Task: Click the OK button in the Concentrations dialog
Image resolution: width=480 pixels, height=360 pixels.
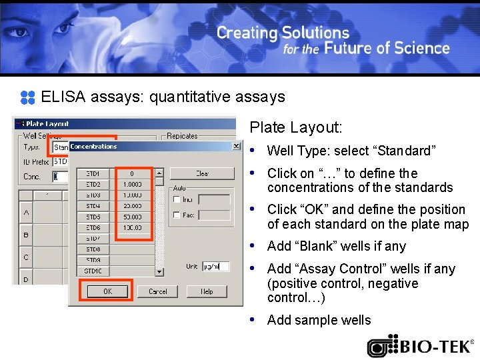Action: click(107, 291)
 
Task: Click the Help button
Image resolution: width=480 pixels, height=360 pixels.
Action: click(207, 291)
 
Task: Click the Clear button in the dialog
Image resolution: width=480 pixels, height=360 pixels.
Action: click(202, 173)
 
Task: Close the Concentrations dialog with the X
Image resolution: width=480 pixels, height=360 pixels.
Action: click(236, 146)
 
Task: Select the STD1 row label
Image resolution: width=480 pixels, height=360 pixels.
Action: click(93, 173)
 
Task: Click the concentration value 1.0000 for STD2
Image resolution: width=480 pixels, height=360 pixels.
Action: click(132, 184)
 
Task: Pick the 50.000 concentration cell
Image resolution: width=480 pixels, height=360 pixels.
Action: click(132, 217)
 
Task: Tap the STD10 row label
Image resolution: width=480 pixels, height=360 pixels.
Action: click(93, 271)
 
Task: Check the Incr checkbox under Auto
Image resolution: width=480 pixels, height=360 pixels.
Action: click(176, 199)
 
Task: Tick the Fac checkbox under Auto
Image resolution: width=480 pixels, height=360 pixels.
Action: click(176, 215)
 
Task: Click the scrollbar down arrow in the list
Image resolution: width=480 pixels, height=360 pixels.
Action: click(159, 271)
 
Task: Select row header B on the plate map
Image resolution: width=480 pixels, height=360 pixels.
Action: click(26, 235)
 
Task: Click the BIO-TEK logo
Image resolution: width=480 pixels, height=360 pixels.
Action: click(420, 347)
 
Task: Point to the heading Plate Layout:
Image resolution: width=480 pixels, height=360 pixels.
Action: click(295, 127)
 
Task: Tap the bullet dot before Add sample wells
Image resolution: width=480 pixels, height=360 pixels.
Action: click(253, 319)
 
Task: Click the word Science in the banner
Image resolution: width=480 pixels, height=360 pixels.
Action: click(421, 48)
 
